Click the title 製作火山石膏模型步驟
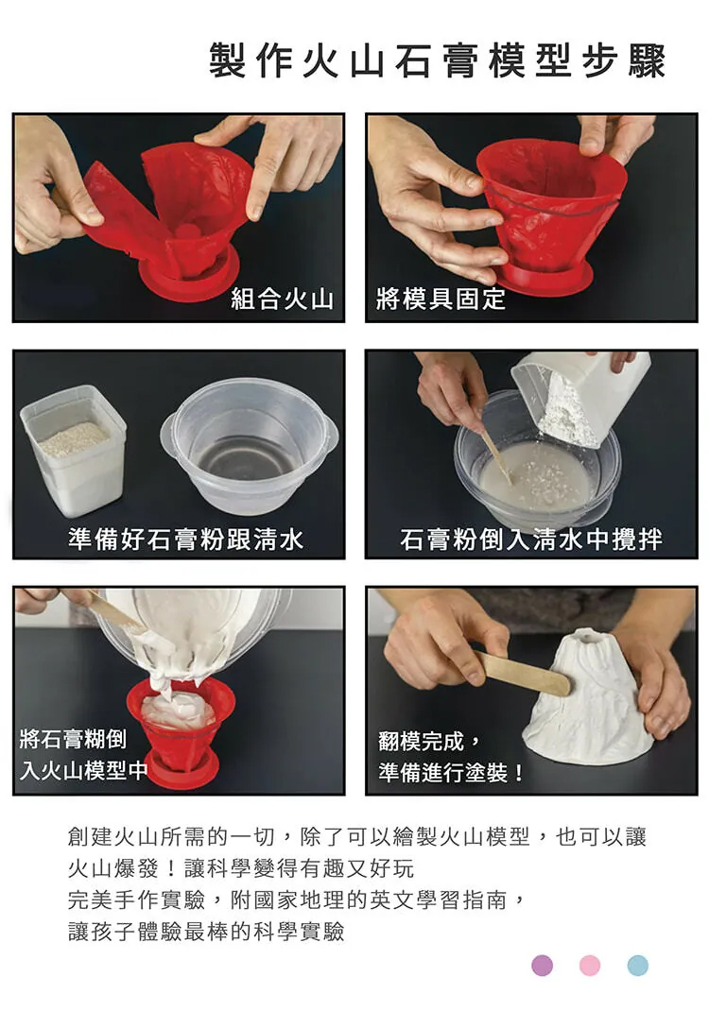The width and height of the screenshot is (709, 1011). pyautogui.click(x=437, y=62)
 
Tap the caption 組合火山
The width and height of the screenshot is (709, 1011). pyautogui.click(x=283, y=299)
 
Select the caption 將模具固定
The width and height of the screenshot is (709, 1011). pyautogui.click(x=441, y=299)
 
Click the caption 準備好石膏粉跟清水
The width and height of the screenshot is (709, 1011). pyautogui.click(x=186, y=539)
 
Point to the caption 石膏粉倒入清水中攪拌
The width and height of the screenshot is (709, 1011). pyautogui.click(x=531, y=539)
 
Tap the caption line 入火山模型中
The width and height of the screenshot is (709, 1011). pyautogui.click(x=83, y=770)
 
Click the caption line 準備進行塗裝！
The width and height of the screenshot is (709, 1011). pyautogui.click(x=452, y=772)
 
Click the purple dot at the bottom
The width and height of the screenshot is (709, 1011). pyautogui.click(x=542, y=966)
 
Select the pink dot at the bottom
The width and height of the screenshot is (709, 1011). pyautogui.click(x=590, y=966)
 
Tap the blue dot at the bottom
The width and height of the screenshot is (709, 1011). pyautogui.click(x=637, y=966)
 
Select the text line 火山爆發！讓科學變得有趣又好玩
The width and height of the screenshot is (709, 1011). pyautogui.click(x=241, y=868)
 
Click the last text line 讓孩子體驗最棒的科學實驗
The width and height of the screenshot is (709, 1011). pyautogui.click(x=206, y=931)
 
